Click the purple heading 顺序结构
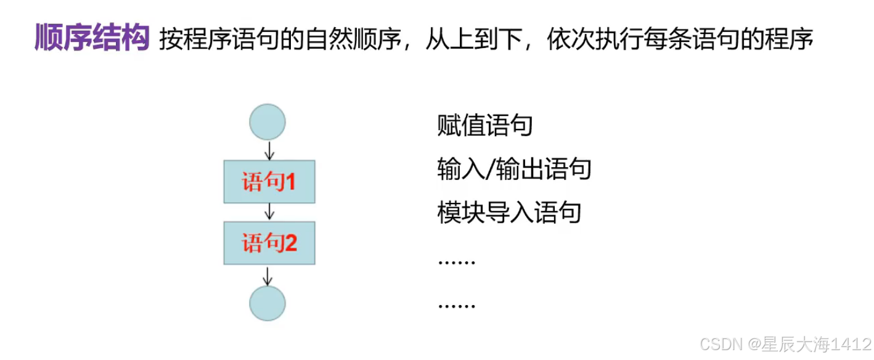coord(92,38)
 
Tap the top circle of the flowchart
coord(268,121)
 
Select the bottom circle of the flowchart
coord(268,304)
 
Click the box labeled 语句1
coord(269,182)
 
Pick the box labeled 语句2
coord(269,243)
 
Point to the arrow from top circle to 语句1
coord(268,150)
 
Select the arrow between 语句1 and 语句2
coord(268,212)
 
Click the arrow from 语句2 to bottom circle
coord(268,275)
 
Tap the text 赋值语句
coord(484,126)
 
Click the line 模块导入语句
coord(509,213)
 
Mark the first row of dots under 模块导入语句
coord(457,261)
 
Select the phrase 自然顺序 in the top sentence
coord(351,39)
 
